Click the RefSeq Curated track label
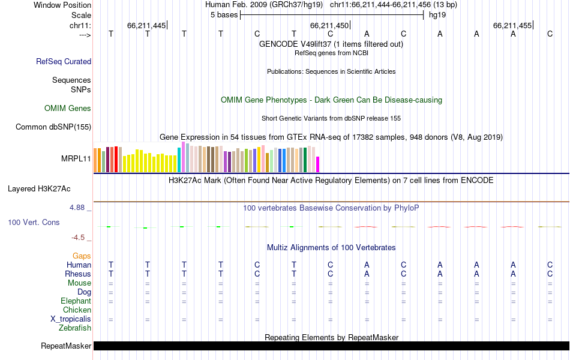(64, 61)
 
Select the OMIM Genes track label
(68, 109)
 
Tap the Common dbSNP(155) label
(53, 127)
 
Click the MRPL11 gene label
(76, 159)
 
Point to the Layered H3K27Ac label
(39, 188)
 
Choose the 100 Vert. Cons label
(34, 223)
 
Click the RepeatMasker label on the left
(66, 346)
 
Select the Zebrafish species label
(75, 328)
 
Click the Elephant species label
(76, 301)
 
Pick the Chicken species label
(77, 310)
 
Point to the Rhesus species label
(78, 274)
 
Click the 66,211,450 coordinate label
(329, 26)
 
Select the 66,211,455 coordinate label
(512, 26)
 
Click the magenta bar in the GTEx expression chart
(318, 164)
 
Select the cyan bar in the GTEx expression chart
(179, 160)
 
